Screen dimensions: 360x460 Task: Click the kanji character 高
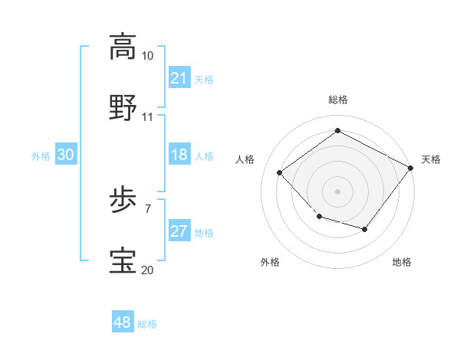pyautogui.click(x=123, y=46)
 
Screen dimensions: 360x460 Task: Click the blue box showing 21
pyautogui.click(x=179, y=78)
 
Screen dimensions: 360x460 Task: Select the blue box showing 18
pyautogui.click(x=179, y=155)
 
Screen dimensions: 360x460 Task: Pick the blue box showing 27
pyautogui.click(x=179, y=231)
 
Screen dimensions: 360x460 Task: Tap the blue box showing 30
pyautogui.click(x=66, y=155)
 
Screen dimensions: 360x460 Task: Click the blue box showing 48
pyautogui.click(x=123, y=322)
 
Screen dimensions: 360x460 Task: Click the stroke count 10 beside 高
pyautogui.click(x=148, y=56)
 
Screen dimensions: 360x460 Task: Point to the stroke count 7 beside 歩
pyautogui.click(x=147, y=208)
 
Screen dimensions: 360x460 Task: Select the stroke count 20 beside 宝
pyautogui.click(x=148, y=270)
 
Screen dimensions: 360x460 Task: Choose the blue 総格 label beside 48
pyautogui.click(x=148, y=324)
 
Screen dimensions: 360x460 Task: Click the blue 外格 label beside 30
pyautogui.click(x=41, y=155)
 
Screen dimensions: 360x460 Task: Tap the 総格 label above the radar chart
pyautogui.click(x=337, y=100)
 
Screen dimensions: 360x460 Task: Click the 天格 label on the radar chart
pyautogui.click(x=431, y=159)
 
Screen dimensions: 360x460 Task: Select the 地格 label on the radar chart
pyautogui.click(x=402, y=262)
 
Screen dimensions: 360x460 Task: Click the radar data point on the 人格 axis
pyautogui.click(x=280, y=172)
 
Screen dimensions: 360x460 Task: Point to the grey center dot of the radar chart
pyautogui.click(x=337, y=191)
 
